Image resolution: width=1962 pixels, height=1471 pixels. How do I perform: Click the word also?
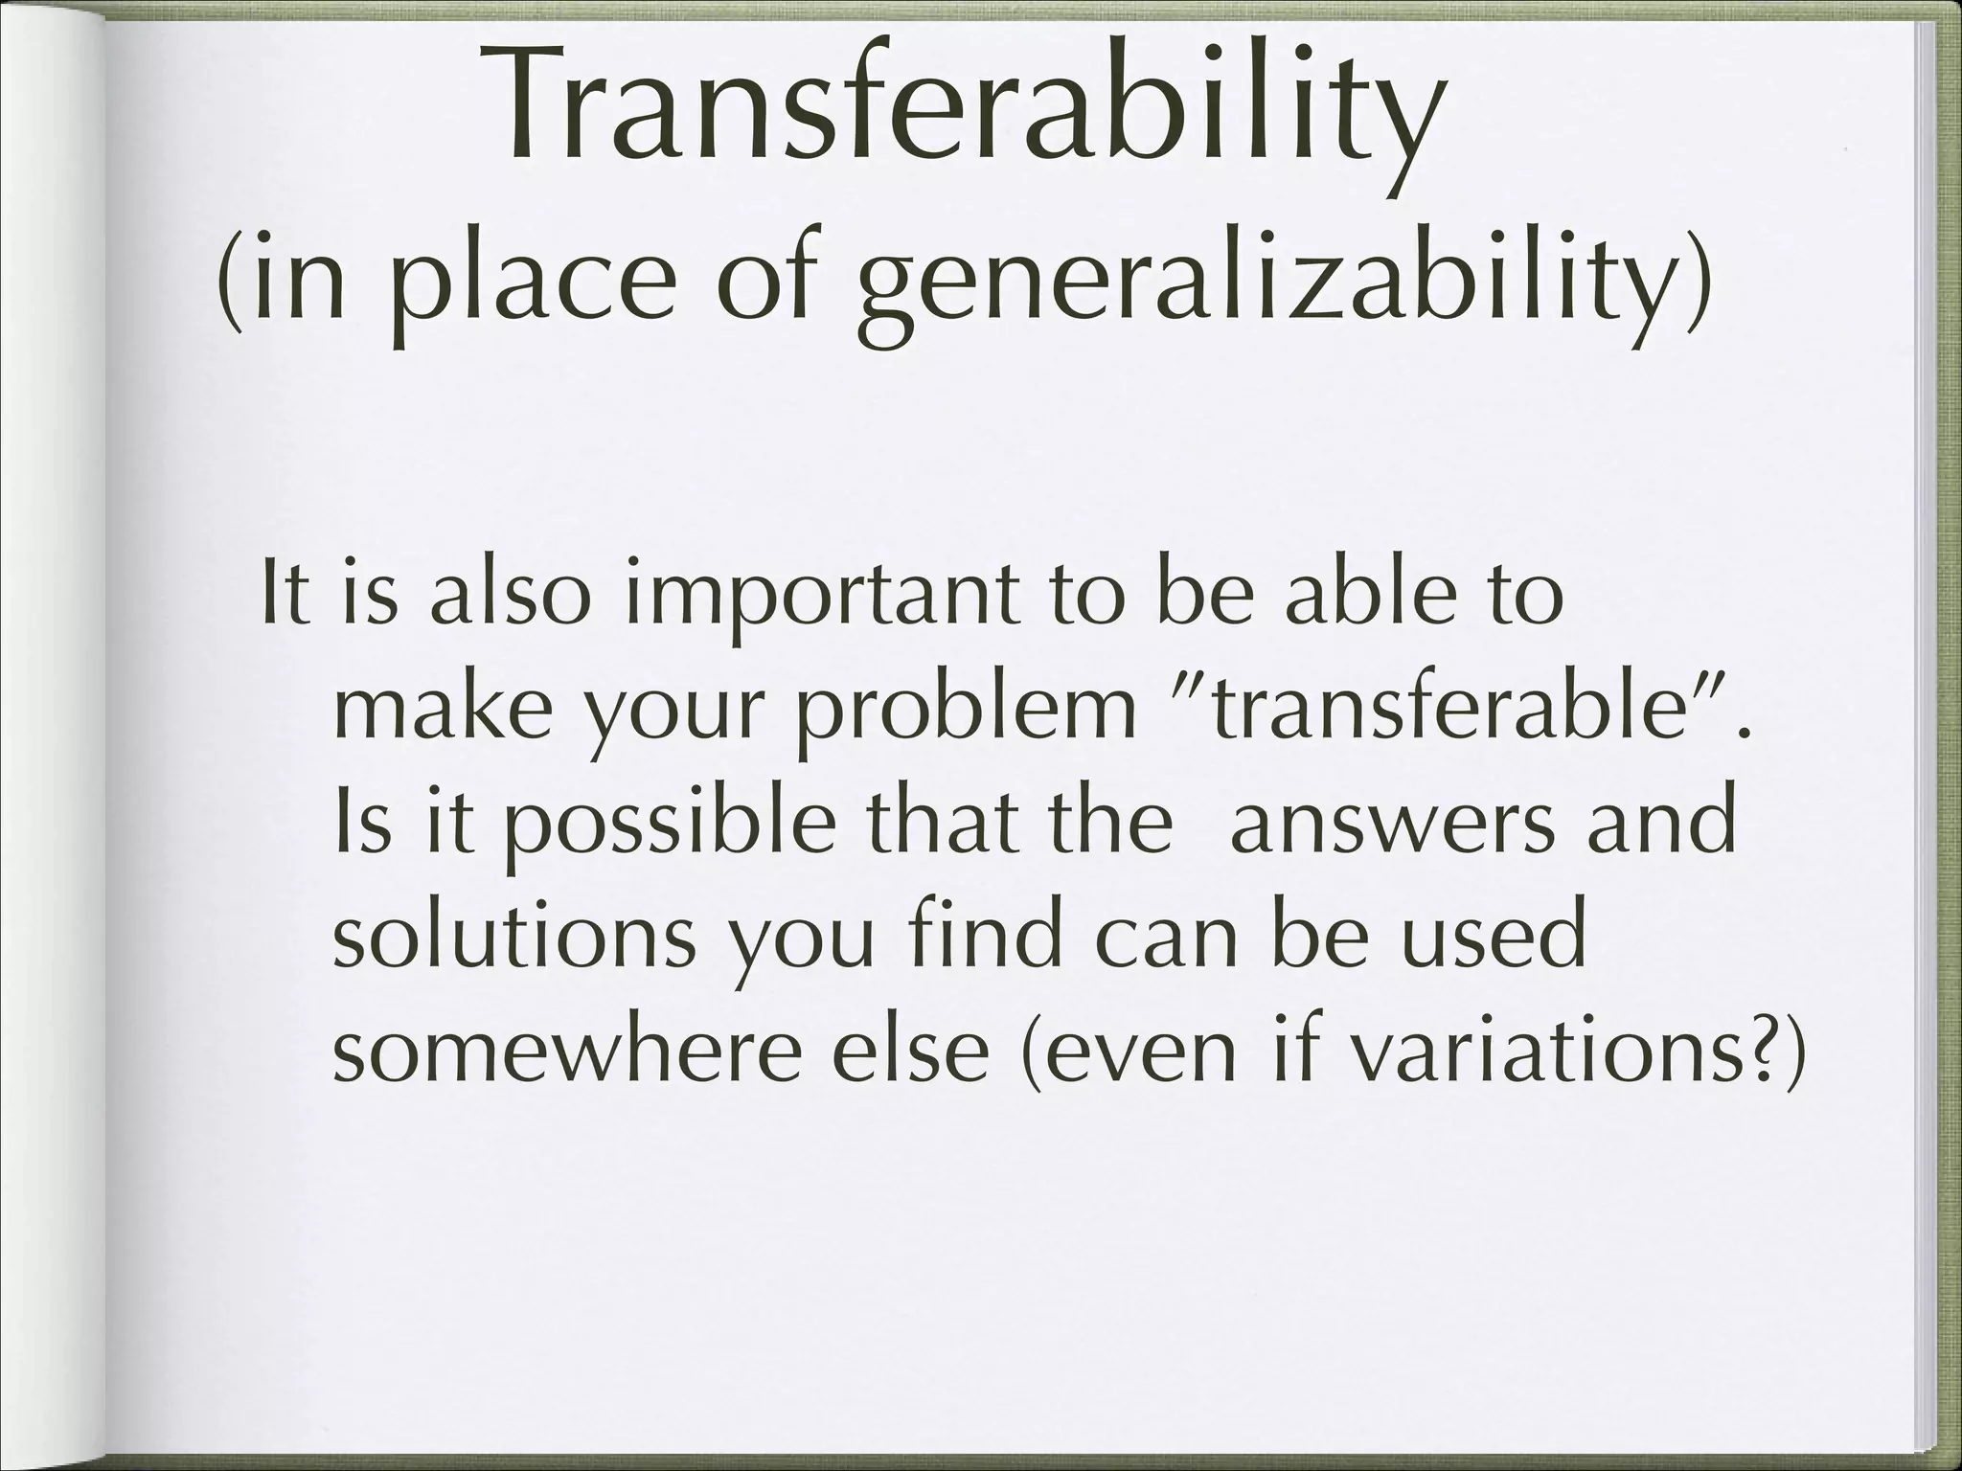[x=507, y=594]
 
